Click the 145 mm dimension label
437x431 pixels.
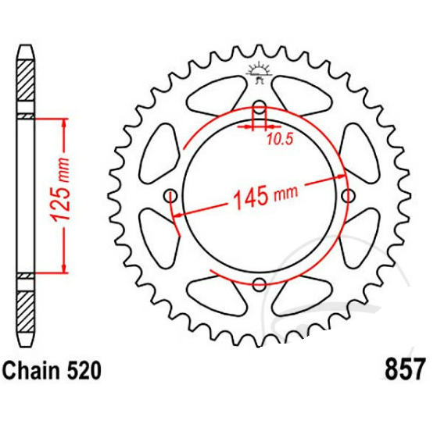[264, 197]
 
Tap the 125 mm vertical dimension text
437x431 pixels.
[60, 190]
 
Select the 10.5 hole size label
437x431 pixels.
[281, 139]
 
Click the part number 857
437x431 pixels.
[405, 369]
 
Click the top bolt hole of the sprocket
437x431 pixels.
[260, 108]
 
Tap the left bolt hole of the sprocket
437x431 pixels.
[170, 196]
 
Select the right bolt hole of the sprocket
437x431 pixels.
[348, 195]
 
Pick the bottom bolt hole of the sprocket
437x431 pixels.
[260, 284]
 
